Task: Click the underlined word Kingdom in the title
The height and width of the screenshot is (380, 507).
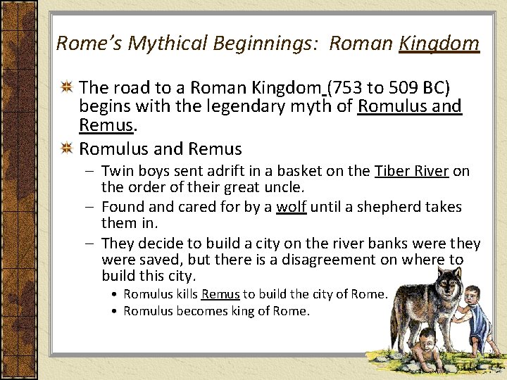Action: point(439,44)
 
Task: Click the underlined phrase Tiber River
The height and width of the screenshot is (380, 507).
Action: point(412,171)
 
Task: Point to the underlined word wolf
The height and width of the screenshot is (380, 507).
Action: point(291,207)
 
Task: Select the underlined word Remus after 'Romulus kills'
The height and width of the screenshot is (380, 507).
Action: point(220,294)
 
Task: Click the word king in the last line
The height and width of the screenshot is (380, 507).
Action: point(243,311)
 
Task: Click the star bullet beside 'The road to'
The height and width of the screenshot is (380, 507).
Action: point(68,88)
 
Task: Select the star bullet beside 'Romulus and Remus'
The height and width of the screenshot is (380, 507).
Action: point(68,149)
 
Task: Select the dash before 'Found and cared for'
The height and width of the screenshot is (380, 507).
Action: point(91,207)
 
